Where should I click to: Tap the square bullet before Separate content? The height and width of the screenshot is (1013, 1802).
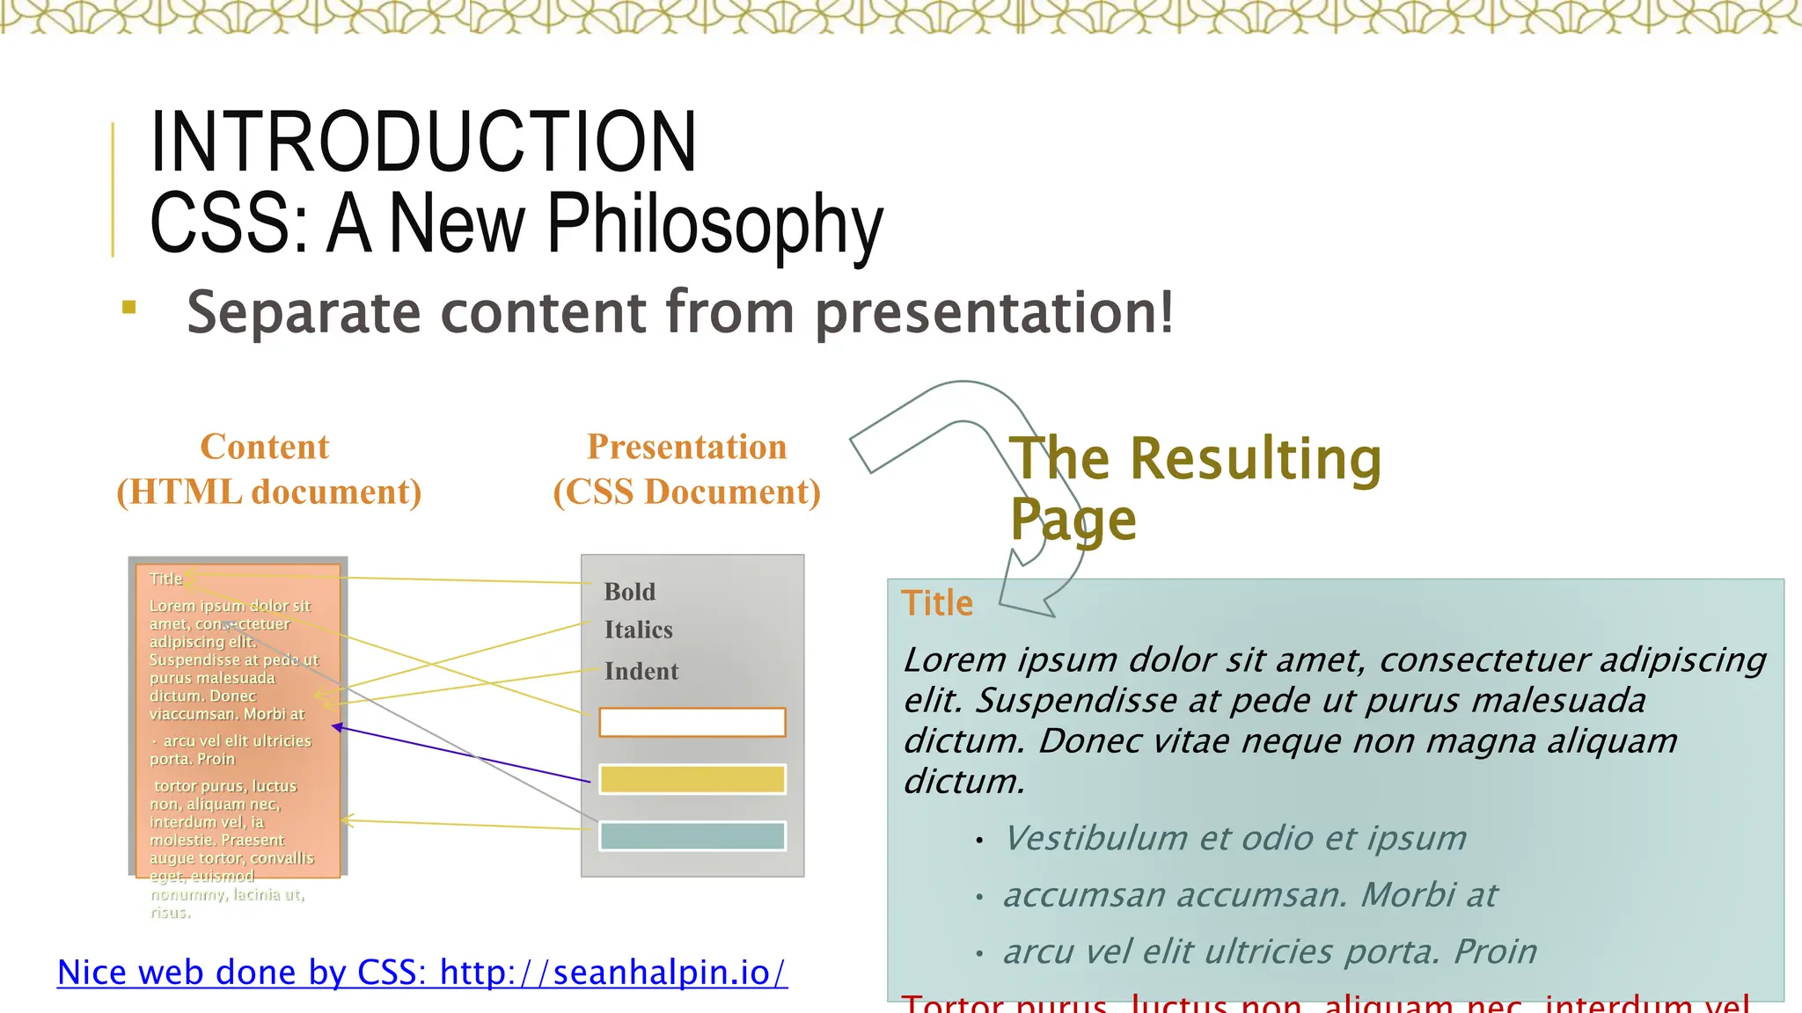(x=129, y=307)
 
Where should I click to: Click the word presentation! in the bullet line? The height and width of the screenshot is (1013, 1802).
(x=994, y=312)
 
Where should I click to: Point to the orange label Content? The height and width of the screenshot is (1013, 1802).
(x=265, y=447)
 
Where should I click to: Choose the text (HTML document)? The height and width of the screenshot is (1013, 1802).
(x=269, y=492)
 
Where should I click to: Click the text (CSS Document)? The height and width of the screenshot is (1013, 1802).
(x=687, y=492)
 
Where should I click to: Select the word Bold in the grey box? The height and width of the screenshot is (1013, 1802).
(x=630, y=592)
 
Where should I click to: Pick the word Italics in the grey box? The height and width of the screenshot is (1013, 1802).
(x=639, y=630)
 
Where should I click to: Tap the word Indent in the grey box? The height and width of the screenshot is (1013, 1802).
(x=641, y=671)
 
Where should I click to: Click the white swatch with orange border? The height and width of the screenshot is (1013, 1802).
(x=692, y=722)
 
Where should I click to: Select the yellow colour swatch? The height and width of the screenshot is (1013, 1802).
(x=692, y=779)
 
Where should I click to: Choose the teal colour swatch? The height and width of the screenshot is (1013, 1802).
(x=692, y=836)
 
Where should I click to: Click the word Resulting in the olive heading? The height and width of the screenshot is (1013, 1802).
(x=1256, y=459)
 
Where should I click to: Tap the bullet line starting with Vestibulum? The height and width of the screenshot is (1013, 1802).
(x=1235, y=838)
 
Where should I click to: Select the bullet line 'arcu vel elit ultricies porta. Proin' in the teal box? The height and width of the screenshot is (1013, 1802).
(x=1270, y=951)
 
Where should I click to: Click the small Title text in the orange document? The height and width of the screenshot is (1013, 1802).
(x=166, y=579)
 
